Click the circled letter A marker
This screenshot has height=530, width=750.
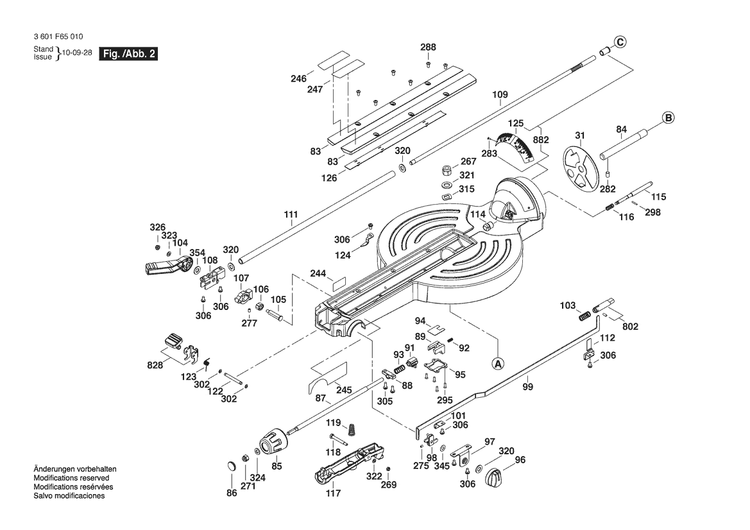(499, 363)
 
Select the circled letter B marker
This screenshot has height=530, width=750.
(667, 118)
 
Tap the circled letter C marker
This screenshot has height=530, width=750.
(619, 42)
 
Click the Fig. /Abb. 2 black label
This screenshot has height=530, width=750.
(128, 54)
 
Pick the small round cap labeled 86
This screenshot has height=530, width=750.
(232, 465)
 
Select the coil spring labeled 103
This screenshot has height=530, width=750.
(584, 315)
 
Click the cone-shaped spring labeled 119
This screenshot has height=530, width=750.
(351, 429)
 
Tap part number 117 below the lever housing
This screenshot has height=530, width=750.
(333, 493)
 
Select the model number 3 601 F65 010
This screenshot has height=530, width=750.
(57, 37)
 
